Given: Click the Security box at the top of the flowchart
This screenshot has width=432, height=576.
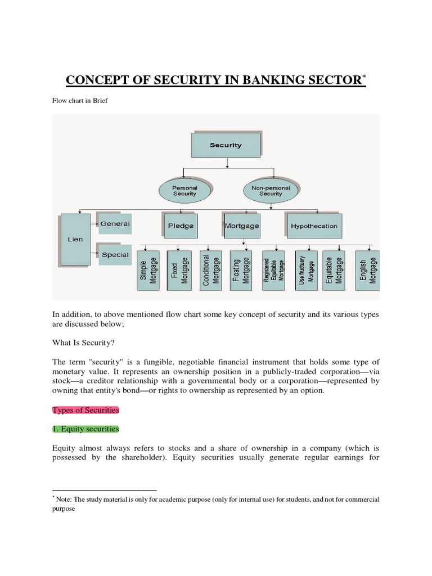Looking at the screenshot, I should tap(226, 145).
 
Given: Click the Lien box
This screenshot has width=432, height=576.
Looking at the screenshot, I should tap(75, 239).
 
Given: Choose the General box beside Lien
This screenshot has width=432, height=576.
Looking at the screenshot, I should tap(114, 224).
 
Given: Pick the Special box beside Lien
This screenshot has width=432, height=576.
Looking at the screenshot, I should tap(115, 255).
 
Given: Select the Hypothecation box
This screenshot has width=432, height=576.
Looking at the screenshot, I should tap(314, 226).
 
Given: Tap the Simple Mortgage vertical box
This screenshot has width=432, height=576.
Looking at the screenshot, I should tap(148, 270).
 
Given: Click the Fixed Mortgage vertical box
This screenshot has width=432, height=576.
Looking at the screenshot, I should tap(179, 270).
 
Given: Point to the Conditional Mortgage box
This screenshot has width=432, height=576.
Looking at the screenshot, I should tap(211, 270).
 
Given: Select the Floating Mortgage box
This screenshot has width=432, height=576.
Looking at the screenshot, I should tap(242, 270).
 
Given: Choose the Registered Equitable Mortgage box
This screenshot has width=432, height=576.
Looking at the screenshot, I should tap(273, 270).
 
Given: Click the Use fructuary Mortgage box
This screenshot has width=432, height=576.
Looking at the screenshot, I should tap(306, 270).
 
